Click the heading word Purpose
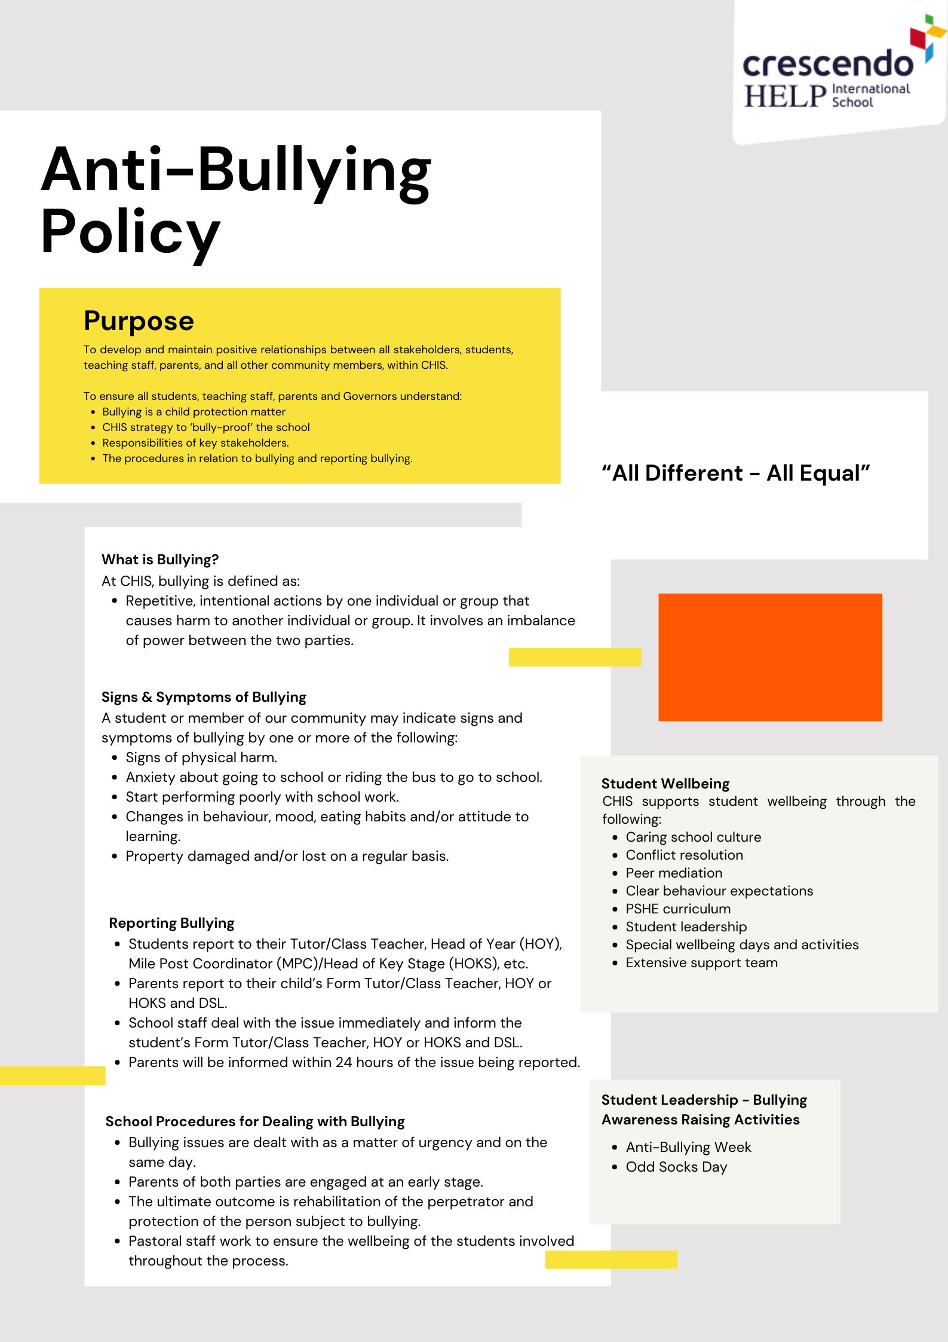coord(139,321)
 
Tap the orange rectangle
coord(770,657)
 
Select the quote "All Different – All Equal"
coord(735,473)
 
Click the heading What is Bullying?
coord(160,560)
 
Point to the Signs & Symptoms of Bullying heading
coord(204,697)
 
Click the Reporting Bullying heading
coord(171,923)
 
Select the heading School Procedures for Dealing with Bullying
coord(255,1121)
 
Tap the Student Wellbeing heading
coord(665,784)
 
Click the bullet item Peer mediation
coord(674,873)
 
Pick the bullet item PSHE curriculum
coord(678,909)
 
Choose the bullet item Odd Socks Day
coord(676,1167)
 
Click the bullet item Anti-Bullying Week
coord(688,1147)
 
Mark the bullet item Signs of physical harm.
coord(201,757)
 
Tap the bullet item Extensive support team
coord(701,962)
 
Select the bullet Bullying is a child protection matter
coord(194,412)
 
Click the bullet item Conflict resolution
coord(684,855)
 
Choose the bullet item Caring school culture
coord(693,837)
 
